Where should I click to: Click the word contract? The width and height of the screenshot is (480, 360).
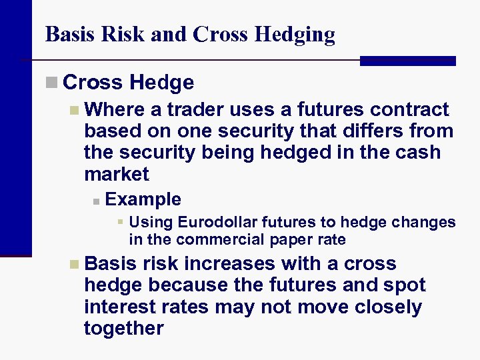[409, 109]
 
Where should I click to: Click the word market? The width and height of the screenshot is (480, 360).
[117, 174]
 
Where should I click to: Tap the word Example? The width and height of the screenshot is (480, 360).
[143, 199]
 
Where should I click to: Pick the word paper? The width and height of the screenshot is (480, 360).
[291, 239]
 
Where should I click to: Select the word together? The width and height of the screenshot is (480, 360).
[124, 328]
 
